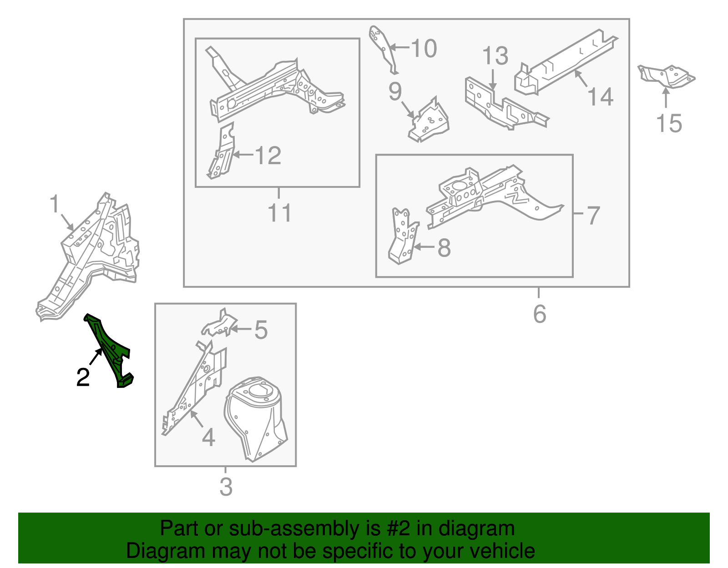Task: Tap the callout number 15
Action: coord(669,124)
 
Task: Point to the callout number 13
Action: coord(495,55)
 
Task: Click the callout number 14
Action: coord(600,97)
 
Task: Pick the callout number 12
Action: coord(268,156)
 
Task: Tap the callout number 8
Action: coord(444,248)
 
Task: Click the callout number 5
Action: coord(261,330)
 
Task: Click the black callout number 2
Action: coord(83,377)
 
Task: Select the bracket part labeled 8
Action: coord(403,236)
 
